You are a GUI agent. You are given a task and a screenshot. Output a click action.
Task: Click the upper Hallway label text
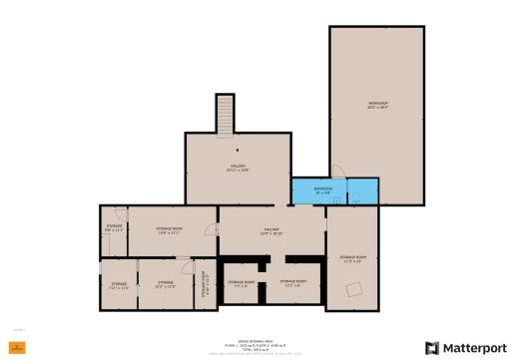coord(238,168)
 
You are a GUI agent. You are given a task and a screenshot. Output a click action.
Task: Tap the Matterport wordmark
coord(470,347)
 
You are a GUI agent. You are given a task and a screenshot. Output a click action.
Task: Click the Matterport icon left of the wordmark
coord(431,347)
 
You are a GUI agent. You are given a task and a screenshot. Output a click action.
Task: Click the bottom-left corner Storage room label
coord(119,285)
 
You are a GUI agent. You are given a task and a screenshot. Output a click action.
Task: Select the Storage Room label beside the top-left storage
coord(169,230)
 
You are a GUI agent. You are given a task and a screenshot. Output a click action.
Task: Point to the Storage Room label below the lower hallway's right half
coord(293,283)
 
